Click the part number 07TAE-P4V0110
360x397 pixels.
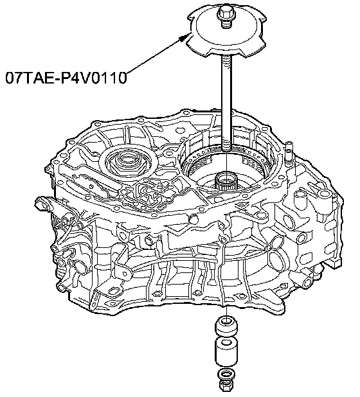tap(66, 78)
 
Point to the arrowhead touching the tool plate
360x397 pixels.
tap(184, 37)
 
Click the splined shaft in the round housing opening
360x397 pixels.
tap(226, 182)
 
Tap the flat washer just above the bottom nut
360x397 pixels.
tap(226, 375)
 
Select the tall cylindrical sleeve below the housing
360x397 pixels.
tap(226, 352)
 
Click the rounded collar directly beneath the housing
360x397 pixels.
tap(226, 326)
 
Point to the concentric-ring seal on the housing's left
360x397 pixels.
tap(126, 159)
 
